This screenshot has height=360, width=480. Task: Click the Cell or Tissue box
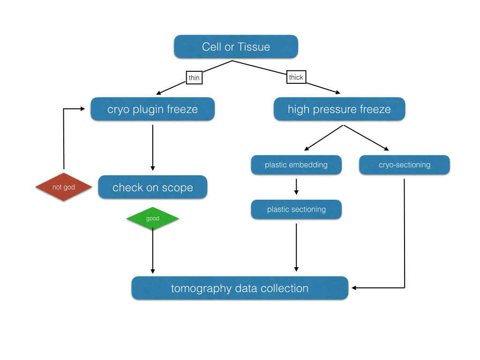236,47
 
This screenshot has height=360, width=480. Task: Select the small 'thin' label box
194,78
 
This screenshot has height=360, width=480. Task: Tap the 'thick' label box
296,77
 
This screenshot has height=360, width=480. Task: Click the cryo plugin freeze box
152,109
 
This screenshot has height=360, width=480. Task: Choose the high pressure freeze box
339,109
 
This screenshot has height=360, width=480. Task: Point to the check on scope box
152,187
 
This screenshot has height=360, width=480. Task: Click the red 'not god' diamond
64,187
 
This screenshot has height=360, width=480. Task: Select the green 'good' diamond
153,218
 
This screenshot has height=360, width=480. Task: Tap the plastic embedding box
296,165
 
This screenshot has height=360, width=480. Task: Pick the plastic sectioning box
296,210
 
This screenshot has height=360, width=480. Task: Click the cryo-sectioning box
404,165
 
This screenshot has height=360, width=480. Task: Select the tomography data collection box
240,288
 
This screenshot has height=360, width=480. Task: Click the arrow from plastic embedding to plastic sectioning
296,186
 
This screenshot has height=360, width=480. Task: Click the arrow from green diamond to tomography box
152,251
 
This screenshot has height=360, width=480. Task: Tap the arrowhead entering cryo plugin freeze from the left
82,109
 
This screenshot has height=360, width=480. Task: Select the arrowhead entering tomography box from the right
354,288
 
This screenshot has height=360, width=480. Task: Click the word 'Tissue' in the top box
254,47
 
